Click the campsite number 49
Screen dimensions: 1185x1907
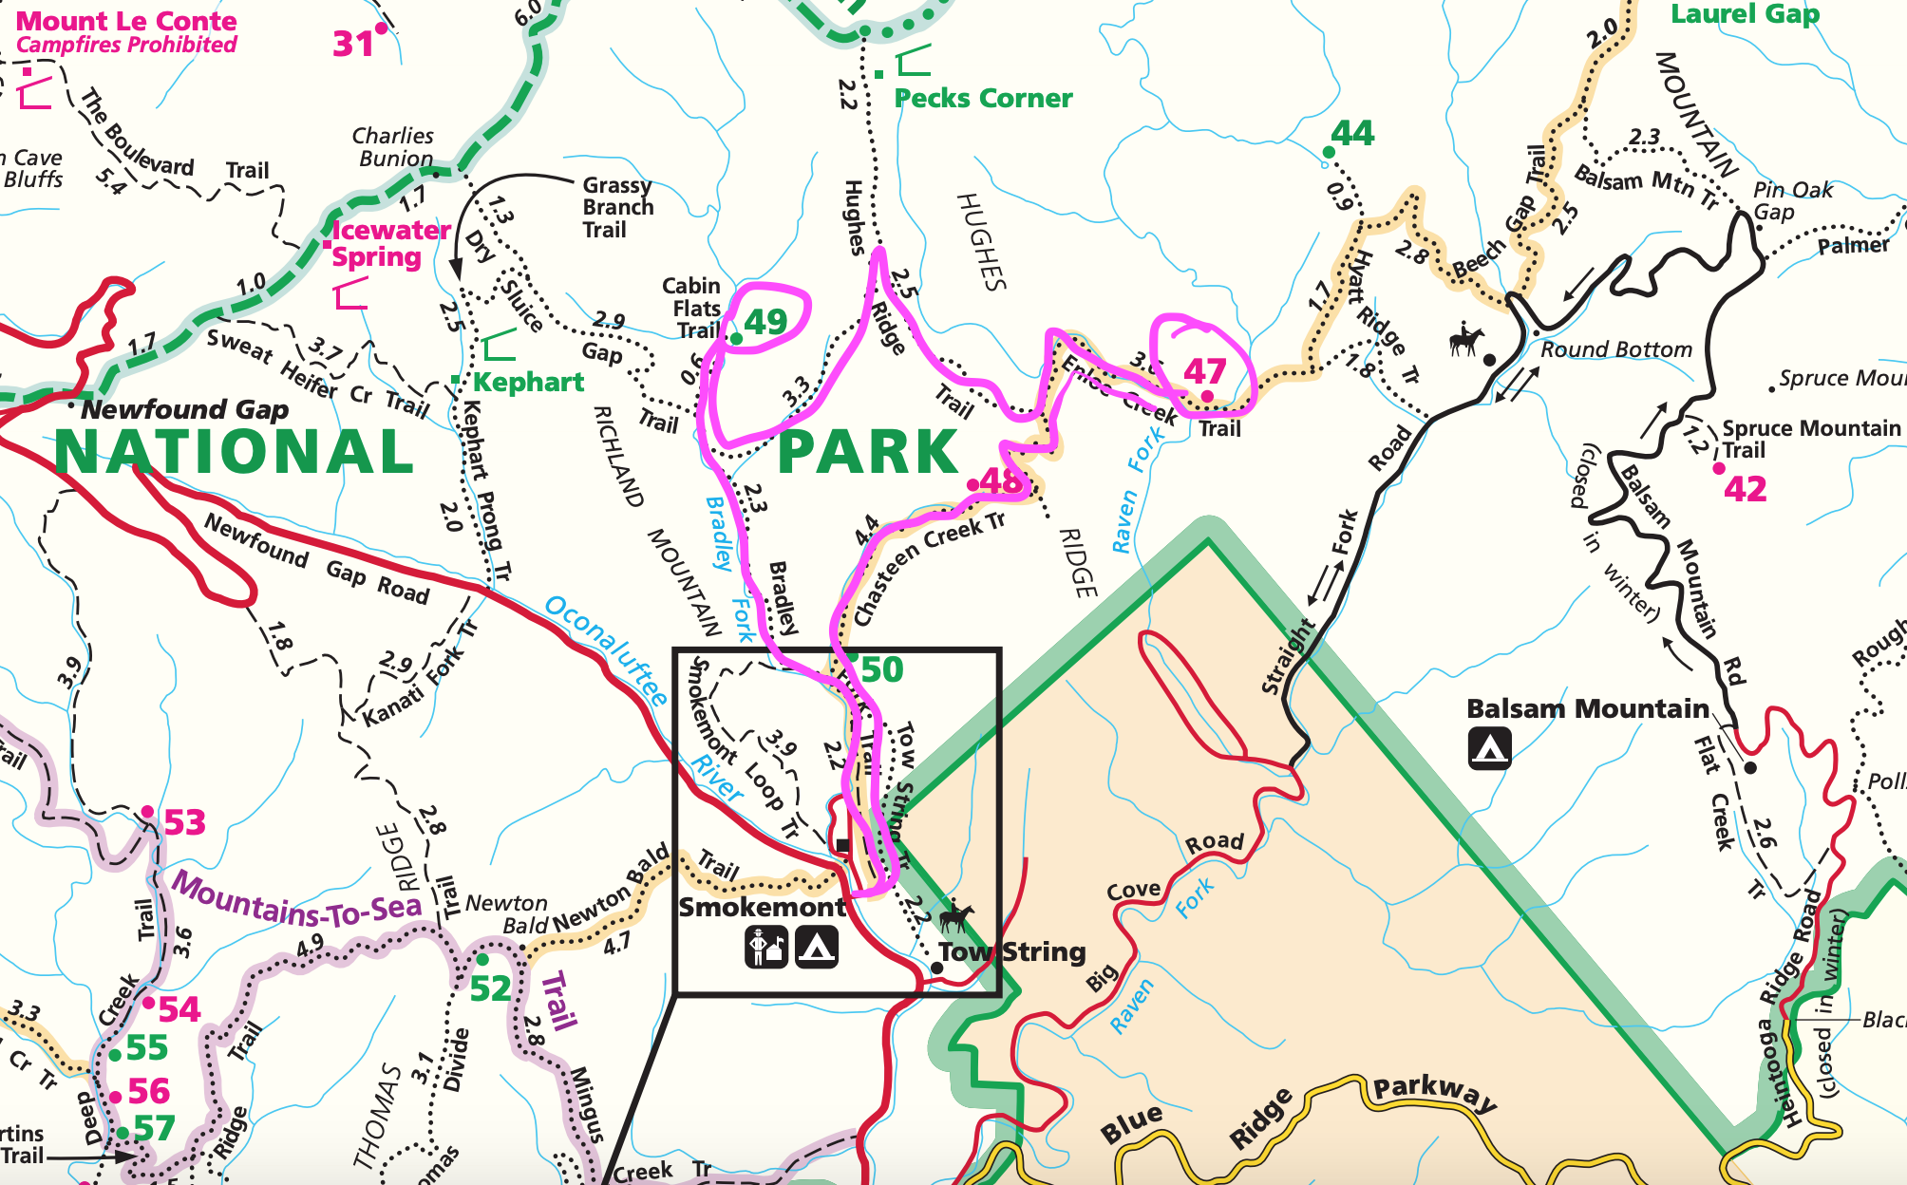click(x=765, y=323)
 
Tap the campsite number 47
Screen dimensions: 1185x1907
click(x=1204, y=370)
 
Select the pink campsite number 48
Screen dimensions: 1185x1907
click(x=1000, y=481)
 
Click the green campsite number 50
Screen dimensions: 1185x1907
click(x=881, y=670)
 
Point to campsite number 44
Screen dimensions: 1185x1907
click(x=1352, y=134)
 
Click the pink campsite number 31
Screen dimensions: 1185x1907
click(x=353, y=44)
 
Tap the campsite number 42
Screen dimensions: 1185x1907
click(x=1746, y=489)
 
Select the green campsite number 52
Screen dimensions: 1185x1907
click(x=490, y=989)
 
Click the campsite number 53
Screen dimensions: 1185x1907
click(x=184, y=822)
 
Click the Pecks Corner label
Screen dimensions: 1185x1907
click(x=983, y=98)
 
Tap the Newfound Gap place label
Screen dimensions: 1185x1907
click(x=184, y=409)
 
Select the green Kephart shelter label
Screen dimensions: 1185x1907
click(x=528, y=382)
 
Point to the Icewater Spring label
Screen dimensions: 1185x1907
click(x=390, y=243)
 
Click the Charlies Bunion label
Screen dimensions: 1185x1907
click(x=394, y=147)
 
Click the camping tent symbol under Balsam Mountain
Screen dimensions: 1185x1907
click(x=1489, y=748)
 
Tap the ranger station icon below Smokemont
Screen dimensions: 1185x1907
click(x=765, y=947)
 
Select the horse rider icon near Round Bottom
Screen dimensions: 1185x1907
click(x=1466, y=339)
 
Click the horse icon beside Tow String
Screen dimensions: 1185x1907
click(x=955, y=917)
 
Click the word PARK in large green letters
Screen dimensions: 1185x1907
click(x=868, y=452)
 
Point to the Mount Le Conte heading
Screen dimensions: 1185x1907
click(x=126, y=21)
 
